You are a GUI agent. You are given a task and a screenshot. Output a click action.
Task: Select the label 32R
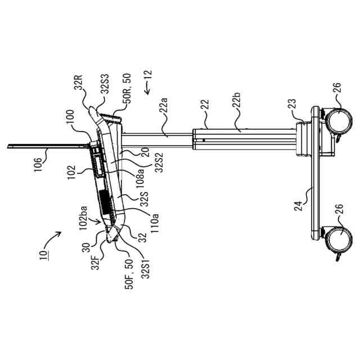tap(79, 87)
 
